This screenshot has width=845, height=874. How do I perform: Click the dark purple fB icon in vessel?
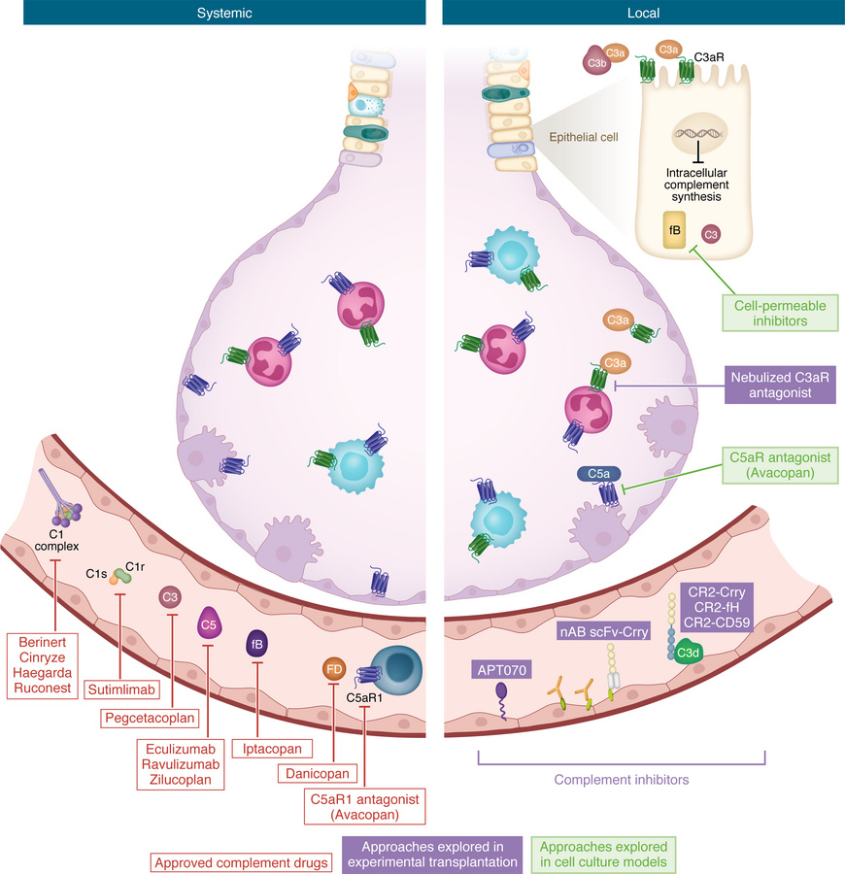254,643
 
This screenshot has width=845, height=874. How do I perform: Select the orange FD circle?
332,668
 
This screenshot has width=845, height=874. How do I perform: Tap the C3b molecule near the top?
596,60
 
